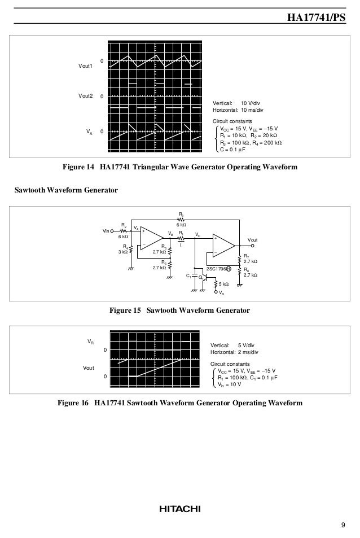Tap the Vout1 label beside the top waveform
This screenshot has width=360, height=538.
(x=85, y=66)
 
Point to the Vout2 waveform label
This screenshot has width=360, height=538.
(x=85, y=97)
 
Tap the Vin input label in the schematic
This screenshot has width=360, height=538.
(x=107, y=231)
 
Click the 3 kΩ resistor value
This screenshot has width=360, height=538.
(x=122, y=252)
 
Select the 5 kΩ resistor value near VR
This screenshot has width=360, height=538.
(x=223, y=284)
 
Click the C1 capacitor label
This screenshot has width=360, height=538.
(x=188, y=275)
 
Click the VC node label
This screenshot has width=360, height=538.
(x=197, y=234)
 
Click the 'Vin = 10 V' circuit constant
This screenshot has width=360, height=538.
(x=230, y=384)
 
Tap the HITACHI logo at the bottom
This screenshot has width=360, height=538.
(x=179, y=509)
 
